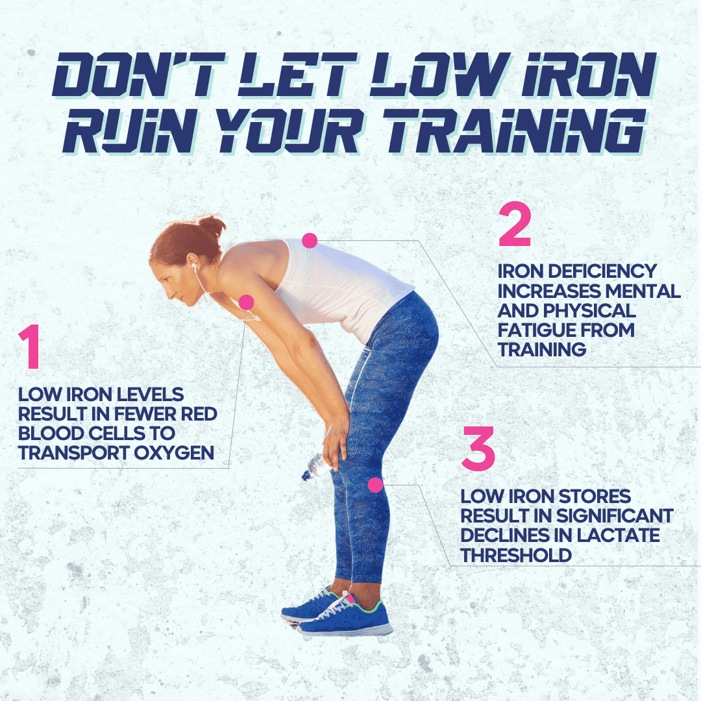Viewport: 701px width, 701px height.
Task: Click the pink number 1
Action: coord(31,347)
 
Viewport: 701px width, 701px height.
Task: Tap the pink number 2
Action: coord(515,224)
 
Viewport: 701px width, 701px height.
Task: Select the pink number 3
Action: coord(478,448)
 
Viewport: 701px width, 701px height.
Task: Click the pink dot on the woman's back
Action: coord(310,241)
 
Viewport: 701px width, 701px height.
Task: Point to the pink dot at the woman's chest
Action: coord(247,302)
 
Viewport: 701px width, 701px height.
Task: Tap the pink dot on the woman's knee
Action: coord(376,485)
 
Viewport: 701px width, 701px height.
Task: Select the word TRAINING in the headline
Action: coord(514,130)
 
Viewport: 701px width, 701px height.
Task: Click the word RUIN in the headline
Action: coord(129,130)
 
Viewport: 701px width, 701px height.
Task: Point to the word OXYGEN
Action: coord(174,452)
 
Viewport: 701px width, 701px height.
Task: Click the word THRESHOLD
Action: coord(517,555)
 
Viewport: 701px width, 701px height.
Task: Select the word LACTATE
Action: coord(618,535)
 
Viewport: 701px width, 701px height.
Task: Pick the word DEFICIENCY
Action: coord(602,271)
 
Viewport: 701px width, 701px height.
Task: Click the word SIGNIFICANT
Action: coord(615,516)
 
